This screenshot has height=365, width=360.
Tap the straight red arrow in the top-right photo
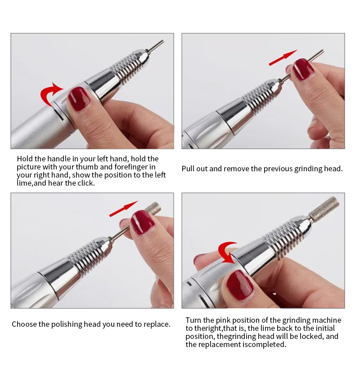tap(283, 58)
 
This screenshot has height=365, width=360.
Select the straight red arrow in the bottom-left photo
tap(124, 209)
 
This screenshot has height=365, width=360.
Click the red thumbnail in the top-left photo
tap(79, 99)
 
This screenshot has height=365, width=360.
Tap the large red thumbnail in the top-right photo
tap(303, 69)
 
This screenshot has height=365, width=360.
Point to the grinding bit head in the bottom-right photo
tap(324, 209)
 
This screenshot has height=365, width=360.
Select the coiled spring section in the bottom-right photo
tap(283, 237)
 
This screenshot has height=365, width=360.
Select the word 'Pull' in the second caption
tap(188, 169)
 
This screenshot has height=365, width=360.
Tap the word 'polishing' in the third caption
tap(67, 325)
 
